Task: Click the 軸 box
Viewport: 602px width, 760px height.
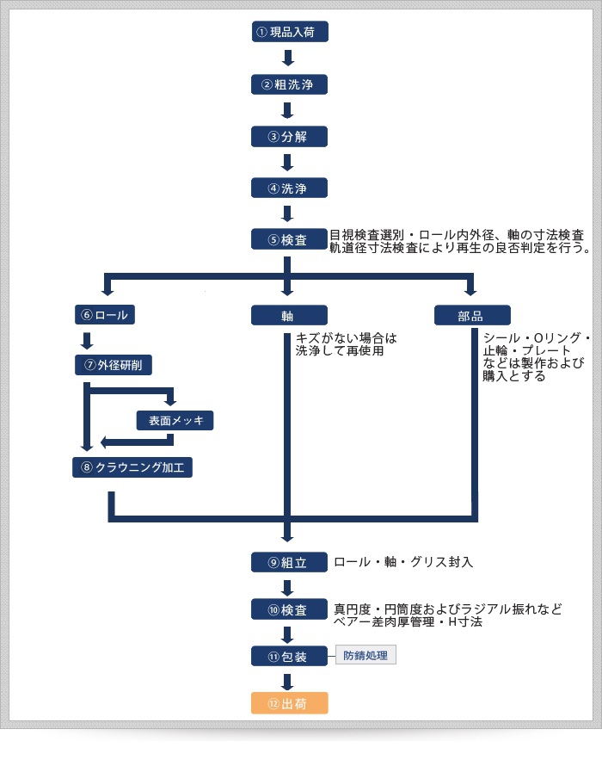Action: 289,315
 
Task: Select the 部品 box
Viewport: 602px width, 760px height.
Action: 471,315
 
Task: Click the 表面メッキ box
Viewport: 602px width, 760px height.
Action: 175,420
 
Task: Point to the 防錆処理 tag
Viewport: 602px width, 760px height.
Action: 365,656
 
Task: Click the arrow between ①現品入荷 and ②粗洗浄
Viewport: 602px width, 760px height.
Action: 289,58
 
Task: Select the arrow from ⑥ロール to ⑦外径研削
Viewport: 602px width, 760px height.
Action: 86,340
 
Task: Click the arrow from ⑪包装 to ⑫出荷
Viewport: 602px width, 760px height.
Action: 289,680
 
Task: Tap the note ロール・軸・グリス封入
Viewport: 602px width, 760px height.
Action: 403,562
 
